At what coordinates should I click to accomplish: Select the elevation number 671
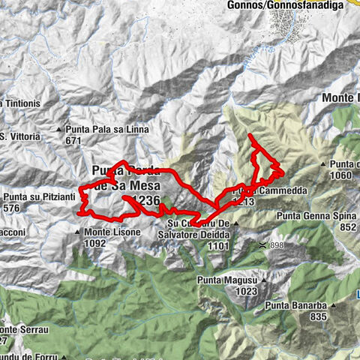pyautogui.click(x=73, y=140)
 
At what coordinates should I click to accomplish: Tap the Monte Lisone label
pyautogui.click(x=111, y=232)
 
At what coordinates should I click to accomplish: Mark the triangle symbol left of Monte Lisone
pyautogui.click(x=77, y=232)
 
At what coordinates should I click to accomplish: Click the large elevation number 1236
pyautogui.click(x=145, y=200)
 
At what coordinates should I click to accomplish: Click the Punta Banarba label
pyautogui.click(x=298, y=305)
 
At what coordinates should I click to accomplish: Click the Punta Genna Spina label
pyautogui.click(x=316, y=216)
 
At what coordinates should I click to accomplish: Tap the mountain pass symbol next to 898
pyautogui.click(x=262, y=244)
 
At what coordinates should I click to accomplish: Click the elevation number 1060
pyautogui.click(x=340, y=175)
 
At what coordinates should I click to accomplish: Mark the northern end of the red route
pyautogui.click(x=250, y=134)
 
